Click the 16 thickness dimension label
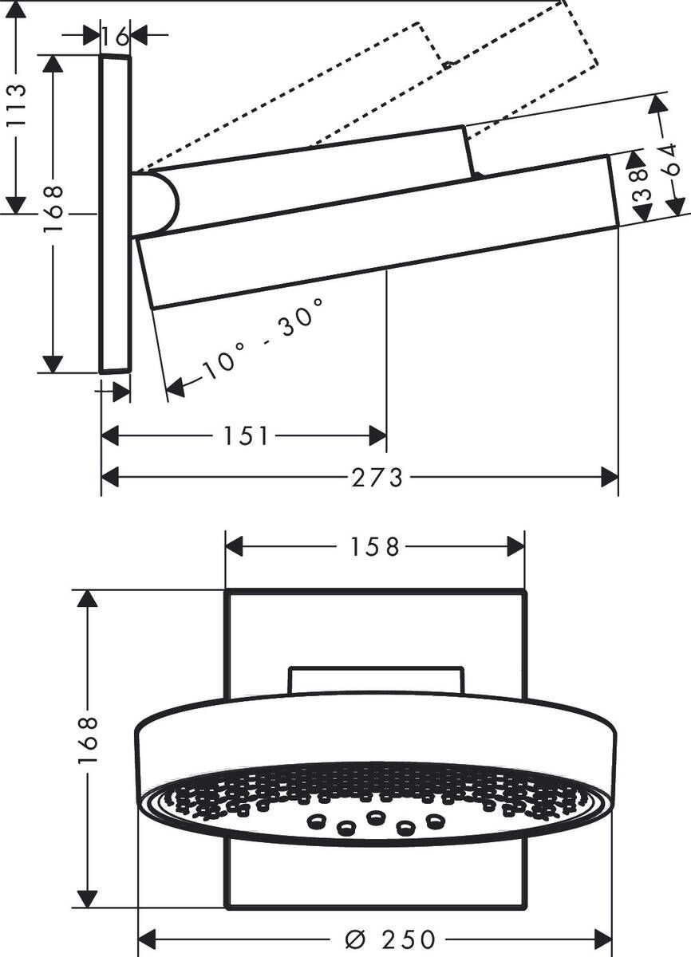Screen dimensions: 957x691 (x=116, y=36)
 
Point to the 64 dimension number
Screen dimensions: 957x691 (x=671, y=159)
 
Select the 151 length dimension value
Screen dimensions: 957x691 (x=247, y=436)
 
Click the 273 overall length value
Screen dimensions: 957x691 (x=377, y=478)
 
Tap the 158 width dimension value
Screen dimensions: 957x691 (x=375, y=547)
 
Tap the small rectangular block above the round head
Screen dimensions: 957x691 (x=375, y=679)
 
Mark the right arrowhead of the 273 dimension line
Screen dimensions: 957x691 (x=610, y=478)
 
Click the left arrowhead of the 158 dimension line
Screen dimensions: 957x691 (x=234, y=547)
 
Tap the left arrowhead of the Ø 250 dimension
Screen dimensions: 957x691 (x=147, y=939)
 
